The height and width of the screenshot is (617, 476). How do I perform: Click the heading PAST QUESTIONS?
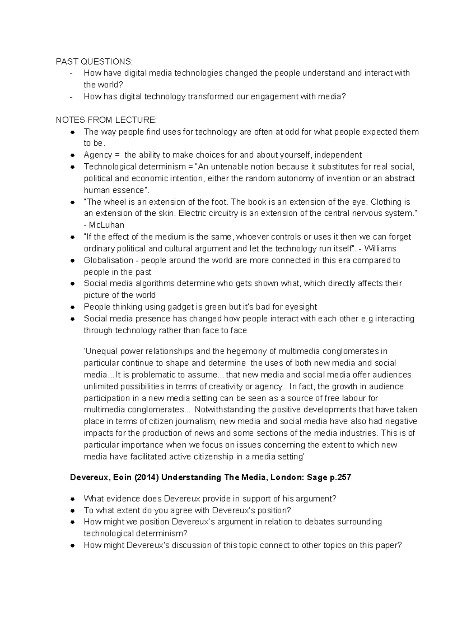click(94, 62)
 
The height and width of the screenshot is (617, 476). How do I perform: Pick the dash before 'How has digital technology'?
click(71, 97)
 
